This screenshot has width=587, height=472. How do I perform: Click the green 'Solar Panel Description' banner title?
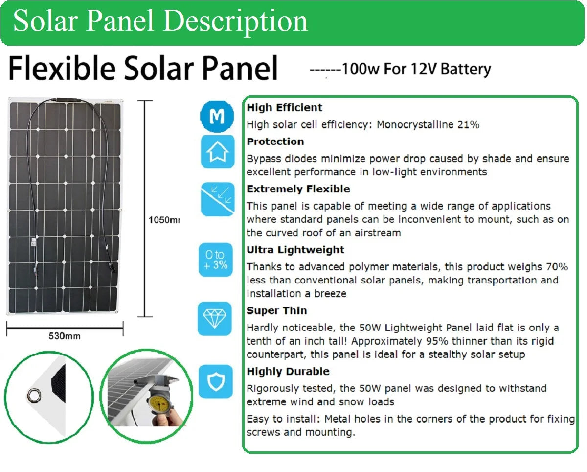[160, 22]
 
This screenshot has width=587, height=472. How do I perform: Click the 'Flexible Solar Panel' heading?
[143, 69]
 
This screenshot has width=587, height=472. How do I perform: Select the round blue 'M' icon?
[217, 116]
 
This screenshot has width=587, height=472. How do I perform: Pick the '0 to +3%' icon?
[216, 260]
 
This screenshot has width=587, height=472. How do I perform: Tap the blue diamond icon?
[215, 319]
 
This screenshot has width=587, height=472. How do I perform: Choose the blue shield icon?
[215, 381]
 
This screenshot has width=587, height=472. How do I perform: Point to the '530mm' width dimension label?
[65, 336]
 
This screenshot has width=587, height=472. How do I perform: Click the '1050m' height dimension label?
[164, 220]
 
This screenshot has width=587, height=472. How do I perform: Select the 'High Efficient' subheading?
[284, 108]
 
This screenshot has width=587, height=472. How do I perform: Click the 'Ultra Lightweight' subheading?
[295, 250]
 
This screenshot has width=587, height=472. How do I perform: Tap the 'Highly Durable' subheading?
[288, 372]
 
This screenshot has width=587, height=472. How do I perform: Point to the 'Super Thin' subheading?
[276, 311]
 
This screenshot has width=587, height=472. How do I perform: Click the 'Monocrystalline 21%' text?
[428, 125]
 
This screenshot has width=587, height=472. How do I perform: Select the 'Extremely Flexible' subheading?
[298, 189]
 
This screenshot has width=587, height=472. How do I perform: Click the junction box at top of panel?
[65, 102]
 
